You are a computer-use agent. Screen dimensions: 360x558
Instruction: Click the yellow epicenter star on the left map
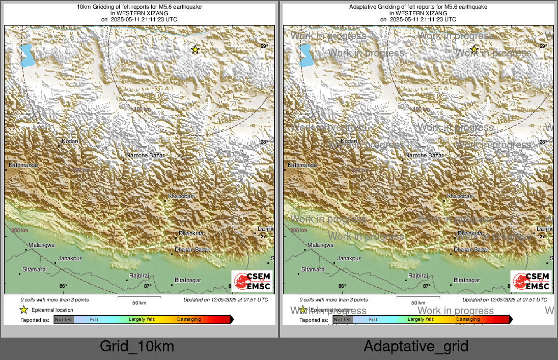[195, 49]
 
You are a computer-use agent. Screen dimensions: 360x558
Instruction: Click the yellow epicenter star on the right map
[474, 49]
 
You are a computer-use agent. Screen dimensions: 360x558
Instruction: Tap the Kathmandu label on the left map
[23, 165]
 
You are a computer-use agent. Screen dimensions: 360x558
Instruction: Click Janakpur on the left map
[70, 258]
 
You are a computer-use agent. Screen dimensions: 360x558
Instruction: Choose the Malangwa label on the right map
[320, 245]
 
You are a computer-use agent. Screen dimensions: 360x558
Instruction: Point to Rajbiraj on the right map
[418, 275]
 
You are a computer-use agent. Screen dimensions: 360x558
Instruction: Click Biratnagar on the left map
[188, 280]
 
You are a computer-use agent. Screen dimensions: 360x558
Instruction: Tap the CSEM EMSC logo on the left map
[252, 282]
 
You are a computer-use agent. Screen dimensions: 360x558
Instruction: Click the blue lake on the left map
[26, 55]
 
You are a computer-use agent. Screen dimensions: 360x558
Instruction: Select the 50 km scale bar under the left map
[139, 297]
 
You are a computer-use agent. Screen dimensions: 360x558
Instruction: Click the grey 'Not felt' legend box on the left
[64, 320]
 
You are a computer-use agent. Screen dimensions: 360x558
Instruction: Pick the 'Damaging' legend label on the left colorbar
[189, 320]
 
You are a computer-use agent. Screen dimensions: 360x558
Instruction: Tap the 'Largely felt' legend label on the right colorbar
[421, 320]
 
